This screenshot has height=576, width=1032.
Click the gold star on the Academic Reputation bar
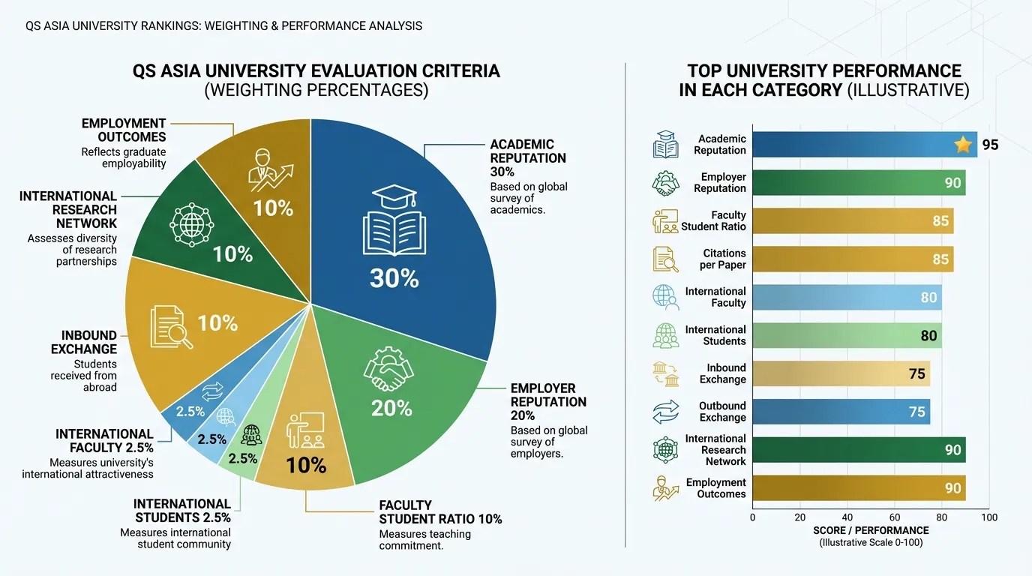(963, 145)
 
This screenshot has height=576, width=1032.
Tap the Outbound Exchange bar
(841, 412)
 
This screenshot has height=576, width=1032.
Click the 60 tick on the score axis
(895, 517)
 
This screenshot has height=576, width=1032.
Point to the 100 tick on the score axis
(989, 517)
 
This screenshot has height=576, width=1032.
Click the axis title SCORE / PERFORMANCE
(871, 530)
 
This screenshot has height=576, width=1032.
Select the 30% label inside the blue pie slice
(394, 278)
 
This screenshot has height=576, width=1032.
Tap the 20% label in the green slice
(391, 408)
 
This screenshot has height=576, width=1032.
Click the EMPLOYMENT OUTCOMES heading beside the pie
(124, 130)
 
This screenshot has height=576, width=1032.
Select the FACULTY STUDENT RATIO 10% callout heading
(440, 512)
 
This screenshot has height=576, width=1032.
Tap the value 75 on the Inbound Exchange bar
(916, 373)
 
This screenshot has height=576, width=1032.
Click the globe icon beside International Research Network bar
(665, 450)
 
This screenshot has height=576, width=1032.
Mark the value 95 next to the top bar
(990, 145)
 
